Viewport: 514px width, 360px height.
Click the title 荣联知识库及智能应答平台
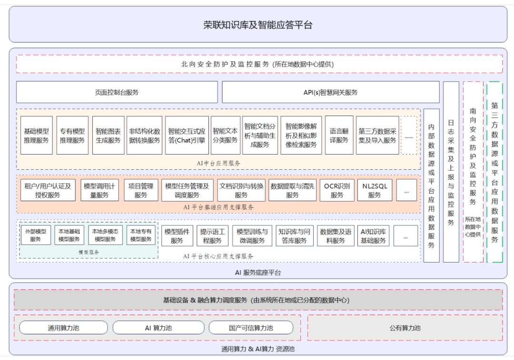click(x=257, y=25)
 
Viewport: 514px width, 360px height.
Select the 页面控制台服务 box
click(x=117, y=92)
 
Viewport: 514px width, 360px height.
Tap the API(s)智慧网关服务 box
click(x=330, y=92)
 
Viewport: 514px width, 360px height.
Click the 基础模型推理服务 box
click(x=36, y=135)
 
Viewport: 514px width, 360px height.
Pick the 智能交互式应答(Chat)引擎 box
click(x=187, y=135)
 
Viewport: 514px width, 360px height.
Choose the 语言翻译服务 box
click(x=339, y=135)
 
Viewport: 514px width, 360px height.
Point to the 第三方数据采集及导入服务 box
click(x=377, y=135)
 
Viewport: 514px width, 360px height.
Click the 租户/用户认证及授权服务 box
click(x=48, y=190)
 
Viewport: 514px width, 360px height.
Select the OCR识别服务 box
click(x=337, y=190)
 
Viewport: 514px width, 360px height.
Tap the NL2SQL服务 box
click(x=375, y=190)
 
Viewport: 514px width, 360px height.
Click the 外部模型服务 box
click(x=35, y=235)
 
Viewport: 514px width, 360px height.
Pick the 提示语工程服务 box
click(x=212, y=235)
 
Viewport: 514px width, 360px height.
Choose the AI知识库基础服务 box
click(x=374, y=235)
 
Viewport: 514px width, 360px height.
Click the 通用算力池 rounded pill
click(x=63, y=328)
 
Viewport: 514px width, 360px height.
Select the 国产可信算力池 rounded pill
click(x=251, y=328)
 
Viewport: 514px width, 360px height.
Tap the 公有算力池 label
click(x=405, y=328)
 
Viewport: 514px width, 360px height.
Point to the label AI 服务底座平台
click(x=258, y=272)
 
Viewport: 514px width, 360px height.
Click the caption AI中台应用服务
click(x=218, y=163)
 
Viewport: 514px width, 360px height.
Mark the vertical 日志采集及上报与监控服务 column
click(x=451, y=172)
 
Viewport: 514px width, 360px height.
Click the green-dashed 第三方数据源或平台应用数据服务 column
click(x=494, y=172)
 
